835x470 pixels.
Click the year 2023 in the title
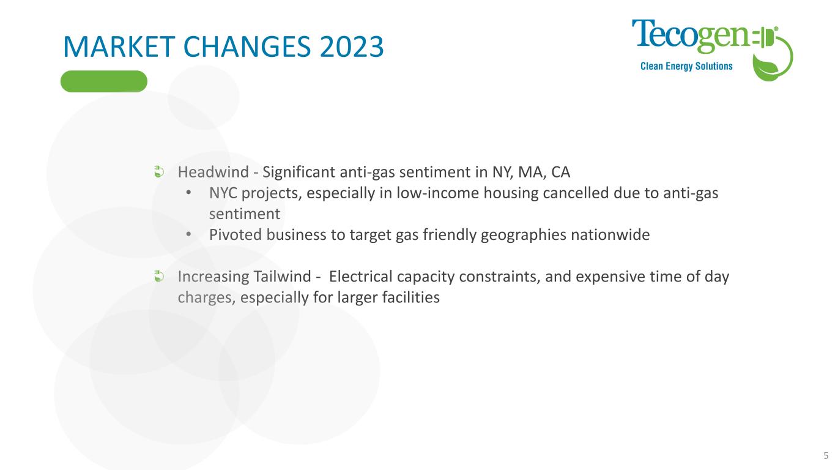coord(352,47)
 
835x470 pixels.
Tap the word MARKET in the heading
coord(119,47)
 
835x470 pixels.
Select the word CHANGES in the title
coord(247,47)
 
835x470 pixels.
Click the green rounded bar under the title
coord(104,81)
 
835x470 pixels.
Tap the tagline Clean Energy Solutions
coord(686,66)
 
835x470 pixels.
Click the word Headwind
coord(213,172)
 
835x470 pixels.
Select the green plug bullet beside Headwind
coord(159,172)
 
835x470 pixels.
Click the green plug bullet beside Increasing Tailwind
coord(159,277)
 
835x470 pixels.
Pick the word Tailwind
coord(282,277)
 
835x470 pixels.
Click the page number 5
coord(826,455)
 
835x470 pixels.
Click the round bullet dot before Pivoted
coord(188,234)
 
